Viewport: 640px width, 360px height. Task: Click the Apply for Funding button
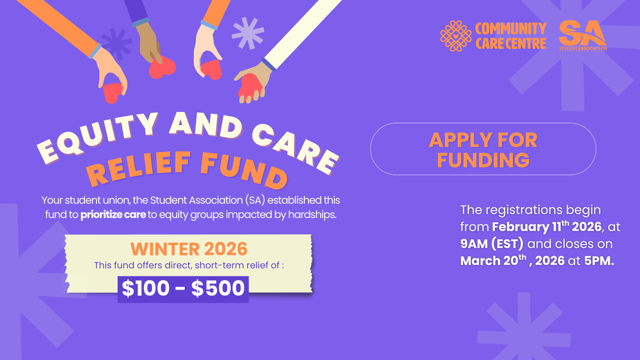(483, 149)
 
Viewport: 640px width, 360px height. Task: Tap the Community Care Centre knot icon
(456, 36)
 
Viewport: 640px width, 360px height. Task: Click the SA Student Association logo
(583, 35)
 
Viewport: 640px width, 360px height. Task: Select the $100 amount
(146, 289)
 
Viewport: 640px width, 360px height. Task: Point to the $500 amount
(218, 289)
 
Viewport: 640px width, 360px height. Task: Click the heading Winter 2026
(189, 249)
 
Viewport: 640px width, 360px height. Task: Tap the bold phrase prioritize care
(113, 215)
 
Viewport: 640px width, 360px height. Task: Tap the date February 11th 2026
(547, 227)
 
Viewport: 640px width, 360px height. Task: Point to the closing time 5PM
(599, 261)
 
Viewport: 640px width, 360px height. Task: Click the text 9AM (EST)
(492, 244)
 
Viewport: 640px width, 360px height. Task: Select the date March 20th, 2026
(512, 261)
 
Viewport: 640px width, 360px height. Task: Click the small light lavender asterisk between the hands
(248, 33)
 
